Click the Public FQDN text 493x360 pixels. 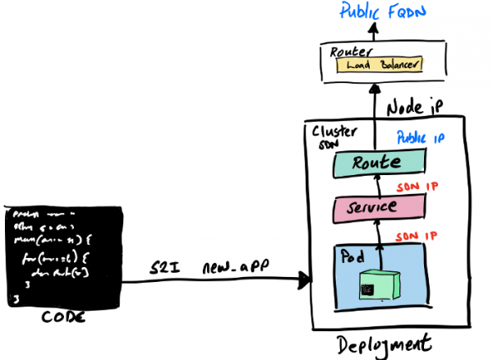376,13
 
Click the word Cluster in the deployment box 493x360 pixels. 331,132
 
